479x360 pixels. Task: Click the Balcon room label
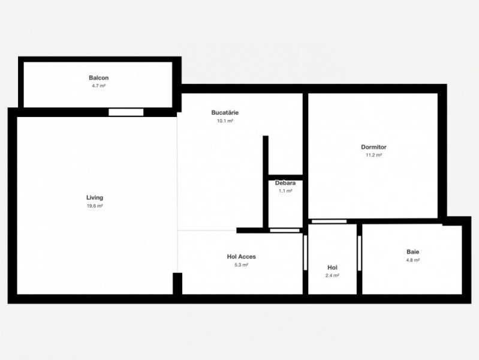click(99, 77)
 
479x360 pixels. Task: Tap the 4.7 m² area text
click(99, 86)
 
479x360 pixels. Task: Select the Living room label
click(95, 197)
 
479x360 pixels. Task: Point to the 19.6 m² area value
click(95, 206)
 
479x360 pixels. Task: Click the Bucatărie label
click(225, 113)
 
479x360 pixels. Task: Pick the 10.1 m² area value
click(225, 121)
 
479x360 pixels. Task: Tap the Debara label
click(285, 183)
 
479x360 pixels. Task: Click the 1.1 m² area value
click(285, 191)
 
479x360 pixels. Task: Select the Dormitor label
click(373, 147)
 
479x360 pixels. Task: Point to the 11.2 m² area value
click(373, 155)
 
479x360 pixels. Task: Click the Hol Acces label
click(242, 257)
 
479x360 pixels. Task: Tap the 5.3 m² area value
click(242, 265)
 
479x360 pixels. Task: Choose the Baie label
click(412, 252)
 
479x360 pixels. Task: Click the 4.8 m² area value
click(412, 260)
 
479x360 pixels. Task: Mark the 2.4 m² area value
click(332, 275)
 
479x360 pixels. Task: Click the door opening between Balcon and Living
click(126, 112)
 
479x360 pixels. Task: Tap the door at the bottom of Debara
click(285, 230)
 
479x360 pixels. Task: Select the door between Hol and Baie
click(359, 253)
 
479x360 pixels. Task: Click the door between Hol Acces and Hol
click(305, 253)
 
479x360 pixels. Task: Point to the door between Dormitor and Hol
click(329, 221)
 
